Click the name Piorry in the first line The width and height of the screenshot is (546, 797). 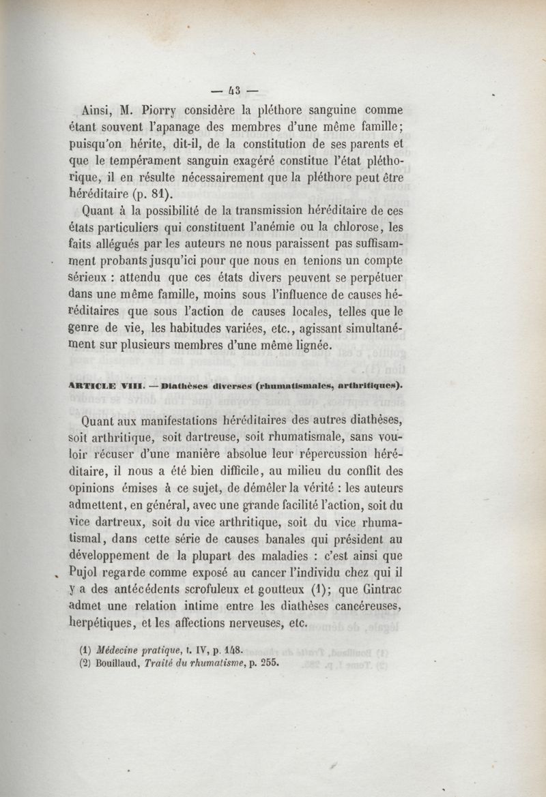coord(161,109)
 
